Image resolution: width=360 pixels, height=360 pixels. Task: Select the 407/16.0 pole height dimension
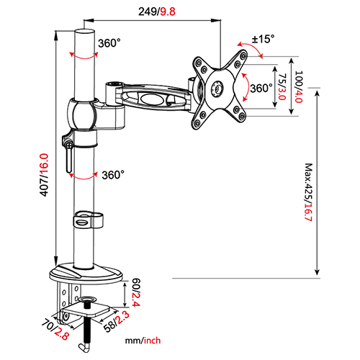[45, 175]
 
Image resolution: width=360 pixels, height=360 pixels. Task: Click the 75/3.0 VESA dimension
[283, 87]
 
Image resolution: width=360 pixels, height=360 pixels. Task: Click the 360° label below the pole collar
[112, 174]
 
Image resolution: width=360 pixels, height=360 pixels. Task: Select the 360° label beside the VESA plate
[260, 88]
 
